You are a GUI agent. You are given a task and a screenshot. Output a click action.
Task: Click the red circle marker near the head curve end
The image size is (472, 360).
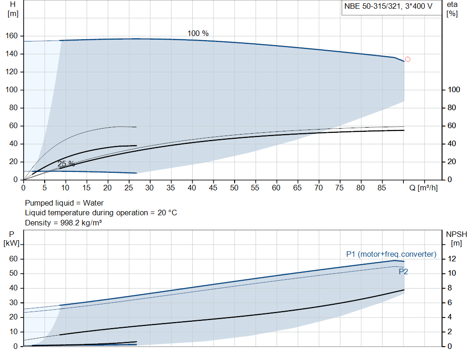[x=407, y=59]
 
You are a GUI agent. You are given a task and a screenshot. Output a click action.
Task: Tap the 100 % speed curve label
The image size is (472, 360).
[x=198, y=33]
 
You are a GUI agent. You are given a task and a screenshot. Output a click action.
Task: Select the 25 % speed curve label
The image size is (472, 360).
[x=66, y=164]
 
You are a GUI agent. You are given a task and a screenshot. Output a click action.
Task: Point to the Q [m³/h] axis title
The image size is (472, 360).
[x=424, y=188]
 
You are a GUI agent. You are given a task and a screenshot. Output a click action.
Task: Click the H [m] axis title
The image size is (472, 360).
[x=12, y=9]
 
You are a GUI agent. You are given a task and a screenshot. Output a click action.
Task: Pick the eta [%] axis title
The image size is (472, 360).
[x=452, y=9]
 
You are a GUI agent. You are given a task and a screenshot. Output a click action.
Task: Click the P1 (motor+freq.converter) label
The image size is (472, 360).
[x=391, y=254]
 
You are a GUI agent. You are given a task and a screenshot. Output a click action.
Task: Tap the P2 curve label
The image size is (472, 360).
[x=403, y=271]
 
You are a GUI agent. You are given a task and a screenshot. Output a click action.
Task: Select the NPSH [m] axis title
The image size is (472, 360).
[x=456, y=239]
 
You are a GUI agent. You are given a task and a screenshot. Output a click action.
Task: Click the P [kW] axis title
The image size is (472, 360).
[x=12, y=239]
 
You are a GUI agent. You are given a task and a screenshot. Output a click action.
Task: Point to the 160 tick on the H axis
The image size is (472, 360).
[x=12, y=36]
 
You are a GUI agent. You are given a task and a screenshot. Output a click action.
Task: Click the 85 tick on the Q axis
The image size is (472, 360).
[x=382, y=188]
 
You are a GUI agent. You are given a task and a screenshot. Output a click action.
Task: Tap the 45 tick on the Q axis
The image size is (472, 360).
[x=213, y=188]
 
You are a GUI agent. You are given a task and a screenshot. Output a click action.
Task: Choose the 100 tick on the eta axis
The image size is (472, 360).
[x=454, y=90]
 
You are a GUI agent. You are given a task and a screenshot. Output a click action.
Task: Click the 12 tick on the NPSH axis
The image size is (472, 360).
[x=452, y=259]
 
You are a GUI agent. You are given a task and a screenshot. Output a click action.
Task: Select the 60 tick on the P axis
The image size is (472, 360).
[x=13, y=259]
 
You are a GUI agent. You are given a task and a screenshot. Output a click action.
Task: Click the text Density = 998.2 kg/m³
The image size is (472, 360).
[x=63, y=223]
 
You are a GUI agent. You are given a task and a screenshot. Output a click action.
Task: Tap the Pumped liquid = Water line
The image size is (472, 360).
[x=64, y=203]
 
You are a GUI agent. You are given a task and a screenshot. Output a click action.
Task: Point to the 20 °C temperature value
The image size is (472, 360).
[x=167, y=213]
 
